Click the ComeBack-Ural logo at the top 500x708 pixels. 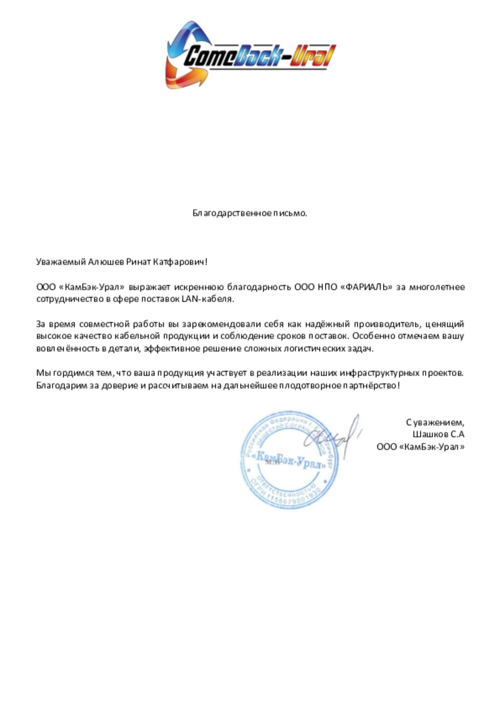250,56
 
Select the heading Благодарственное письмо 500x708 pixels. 250,213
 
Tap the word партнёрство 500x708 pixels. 367,385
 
